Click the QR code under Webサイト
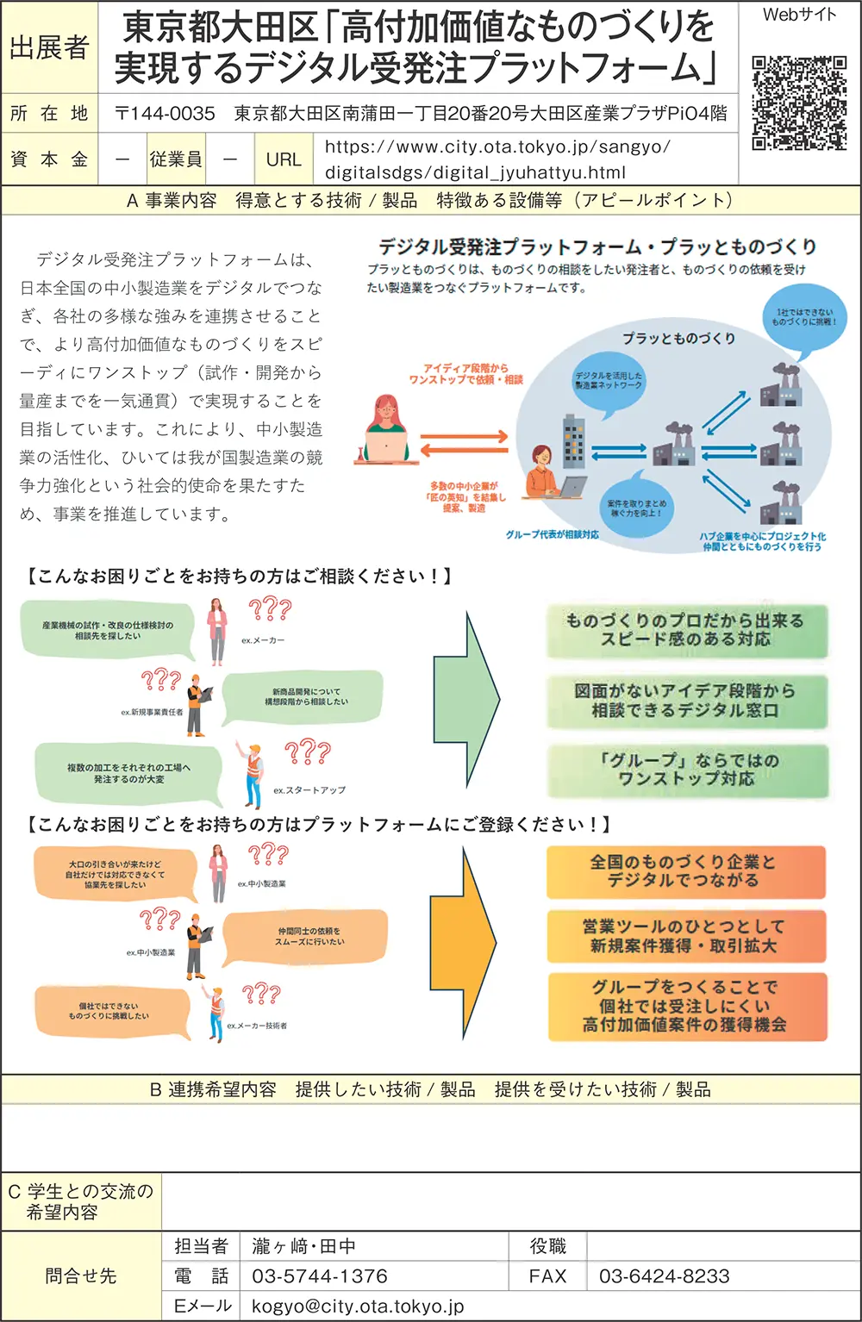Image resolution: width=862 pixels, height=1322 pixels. click(799, 103)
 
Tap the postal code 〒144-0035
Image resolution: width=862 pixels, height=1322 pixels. click(166, 114)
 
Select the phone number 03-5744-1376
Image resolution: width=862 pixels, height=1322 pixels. click(320, 1276)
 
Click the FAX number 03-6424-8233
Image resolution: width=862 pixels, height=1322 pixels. click(665, 1276)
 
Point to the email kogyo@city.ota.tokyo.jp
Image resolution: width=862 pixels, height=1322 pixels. click(358, 1306)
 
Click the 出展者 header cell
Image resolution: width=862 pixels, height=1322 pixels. click(50, 48)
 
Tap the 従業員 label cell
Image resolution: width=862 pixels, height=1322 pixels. click(176, 159)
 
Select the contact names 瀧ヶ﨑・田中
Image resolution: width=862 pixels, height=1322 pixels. click(303, 1246)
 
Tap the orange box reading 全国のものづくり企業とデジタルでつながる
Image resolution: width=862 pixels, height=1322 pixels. click(687, 871)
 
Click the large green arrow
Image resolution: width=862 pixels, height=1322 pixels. click(466, 695)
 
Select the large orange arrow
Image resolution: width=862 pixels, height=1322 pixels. click(466, 941)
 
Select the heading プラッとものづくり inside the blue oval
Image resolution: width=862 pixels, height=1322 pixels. click(678, 339)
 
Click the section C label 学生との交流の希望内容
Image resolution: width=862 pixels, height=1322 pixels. click(80, 1201)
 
